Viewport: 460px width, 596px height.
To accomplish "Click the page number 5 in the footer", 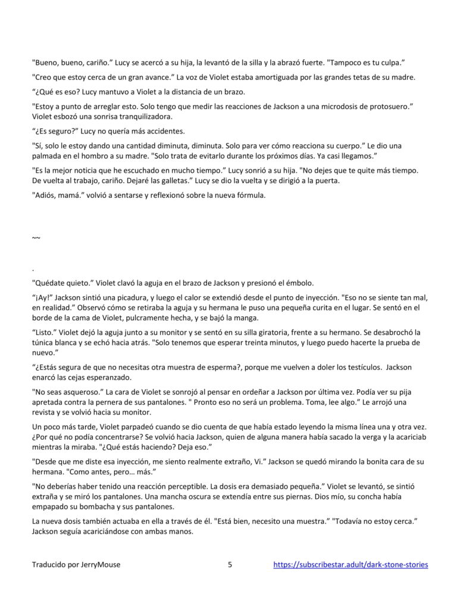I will click(230, 564).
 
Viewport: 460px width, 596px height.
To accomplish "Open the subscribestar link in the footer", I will click(351, 564).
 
